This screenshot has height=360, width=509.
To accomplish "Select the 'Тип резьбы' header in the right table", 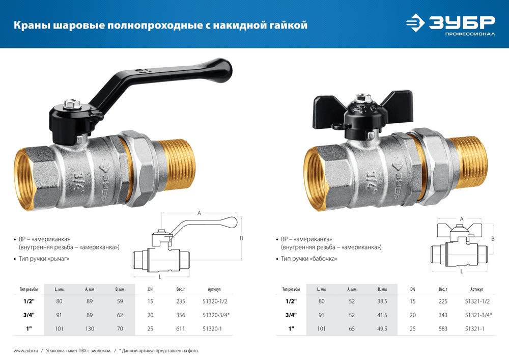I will pyautogui.click(x=292, y=289).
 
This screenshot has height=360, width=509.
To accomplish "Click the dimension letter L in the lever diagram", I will pyautogui.click(x=160, y=276).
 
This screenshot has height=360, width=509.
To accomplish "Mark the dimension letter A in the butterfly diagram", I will pyautogui.click(x=461, y=218).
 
